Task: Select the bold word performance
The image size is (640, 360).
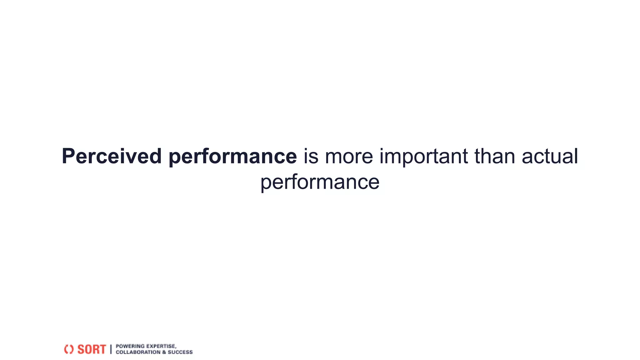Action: tap(232, 157)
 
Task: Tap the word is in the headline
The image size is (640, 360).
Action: tap(311, 156)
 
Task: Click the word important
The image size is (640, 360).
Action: tap(424, 157)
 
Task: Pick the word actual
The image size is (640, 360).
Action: tap(550, 156)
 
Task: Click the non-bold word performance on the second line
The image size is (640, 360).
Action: tap(320, 182)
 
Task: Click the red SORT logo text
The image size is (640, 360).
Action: tap(92, 349)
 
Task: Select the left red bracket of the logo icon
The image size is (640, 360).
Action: tap(66, 349)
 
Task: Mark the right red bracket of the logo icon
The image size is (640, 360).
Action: tap(72, 349)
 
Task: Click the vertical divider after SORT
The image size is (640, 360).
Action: tap(111, 349)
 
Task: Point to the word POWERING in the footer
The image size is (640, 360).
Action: tap(130, 346)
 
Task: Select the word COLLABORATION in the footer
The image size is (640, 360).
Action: tap(138, 352)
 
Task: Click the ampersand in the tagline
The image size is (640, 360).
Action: tap(164, 352)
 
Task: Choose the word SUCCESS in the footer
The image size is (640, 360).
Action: tap(180, 352)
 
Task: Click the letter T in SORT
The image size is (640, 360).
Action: tap(102, 349)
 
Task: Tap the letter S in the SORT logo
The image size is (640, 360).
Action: tap(81, 349)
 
